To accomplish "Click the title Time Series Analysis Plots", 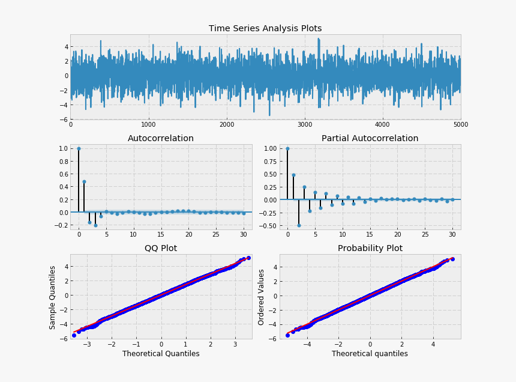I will coord(265,28).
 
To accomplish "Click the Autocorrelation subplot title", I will coord(161,138).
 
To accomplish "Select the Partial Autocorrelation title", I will coord(370,138).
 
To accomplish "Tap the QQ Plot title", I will coord(161,248).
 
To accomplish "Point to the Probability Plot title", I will coord(370,248).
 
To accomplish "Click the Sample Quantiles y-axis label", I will coord(53,297).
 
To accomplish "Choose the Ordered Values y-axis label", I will coord(262,297).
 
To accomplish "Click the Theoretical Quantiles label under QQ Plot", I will coord(161,354).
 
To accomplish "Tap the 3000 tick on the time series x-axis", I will coord(305,124).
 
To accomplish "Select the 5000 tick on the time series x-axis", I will coord(460,124).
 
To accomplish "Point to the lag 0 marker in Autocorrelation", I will coord(79,148).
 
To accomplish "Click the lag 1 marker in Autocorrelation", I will coord(84,181).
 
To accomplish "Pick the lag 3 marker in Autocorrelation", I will coord(95,225).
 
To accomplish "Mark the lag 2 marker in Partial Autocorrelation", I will coord(298,225).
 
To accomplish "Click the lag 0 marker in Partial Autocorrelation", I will coord(287,148).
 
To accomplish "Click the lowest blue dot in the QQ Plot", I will coord(74,335).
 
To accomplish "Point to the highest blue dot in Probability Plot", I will coord(452,259).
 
